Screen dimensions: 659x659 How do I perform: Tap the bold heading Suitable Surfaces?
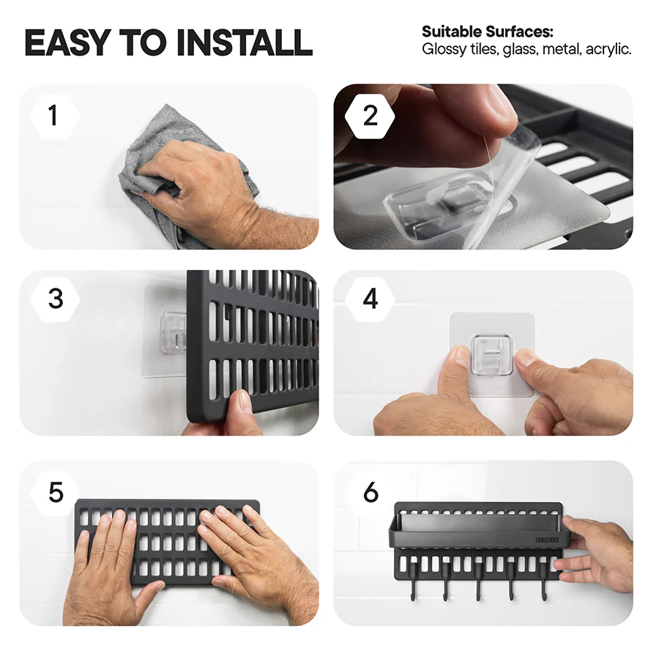(x=487, y=32)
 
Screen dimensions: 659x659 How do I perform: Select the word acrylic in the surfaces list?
(x=608, y=50)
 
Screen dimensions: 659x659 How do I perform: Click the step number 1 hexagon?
(x=53, y=116)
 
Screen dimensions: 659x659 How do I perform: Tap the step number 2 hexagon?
(x=371, y=116)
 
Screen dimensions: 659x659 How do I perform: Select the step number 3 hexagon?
(x=56, y=299)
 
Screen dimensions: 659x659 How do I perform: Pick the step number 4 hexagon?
(x=371, y=299)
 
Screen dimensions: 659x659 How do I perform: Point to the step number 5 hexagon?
(x=56, y=492)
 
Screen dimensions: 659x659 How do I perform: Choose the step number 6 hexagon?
(x=371, y=492)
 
